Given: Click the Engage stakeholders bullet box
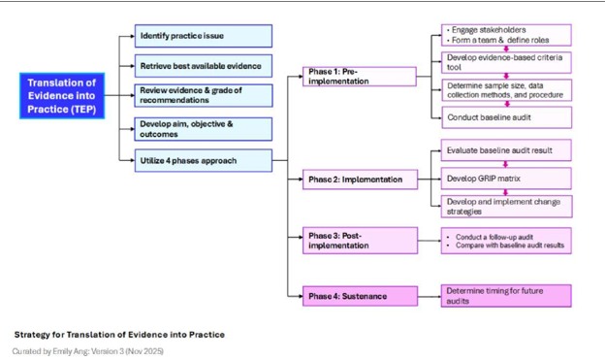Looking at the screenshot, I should [x=505, y=35].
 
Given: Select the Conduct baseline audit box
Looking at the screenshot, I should [x=505, y=117].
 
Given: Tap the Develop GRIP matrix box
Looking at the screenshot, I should [x=505, y=179].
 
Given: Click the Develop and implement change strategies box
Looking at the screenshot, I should [x=505, y=206].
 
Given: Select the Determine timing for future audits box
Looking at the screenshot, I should [x=505, y=295].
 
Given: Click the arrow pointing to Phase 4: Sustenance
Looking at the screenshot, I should [x=297, y=294].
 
